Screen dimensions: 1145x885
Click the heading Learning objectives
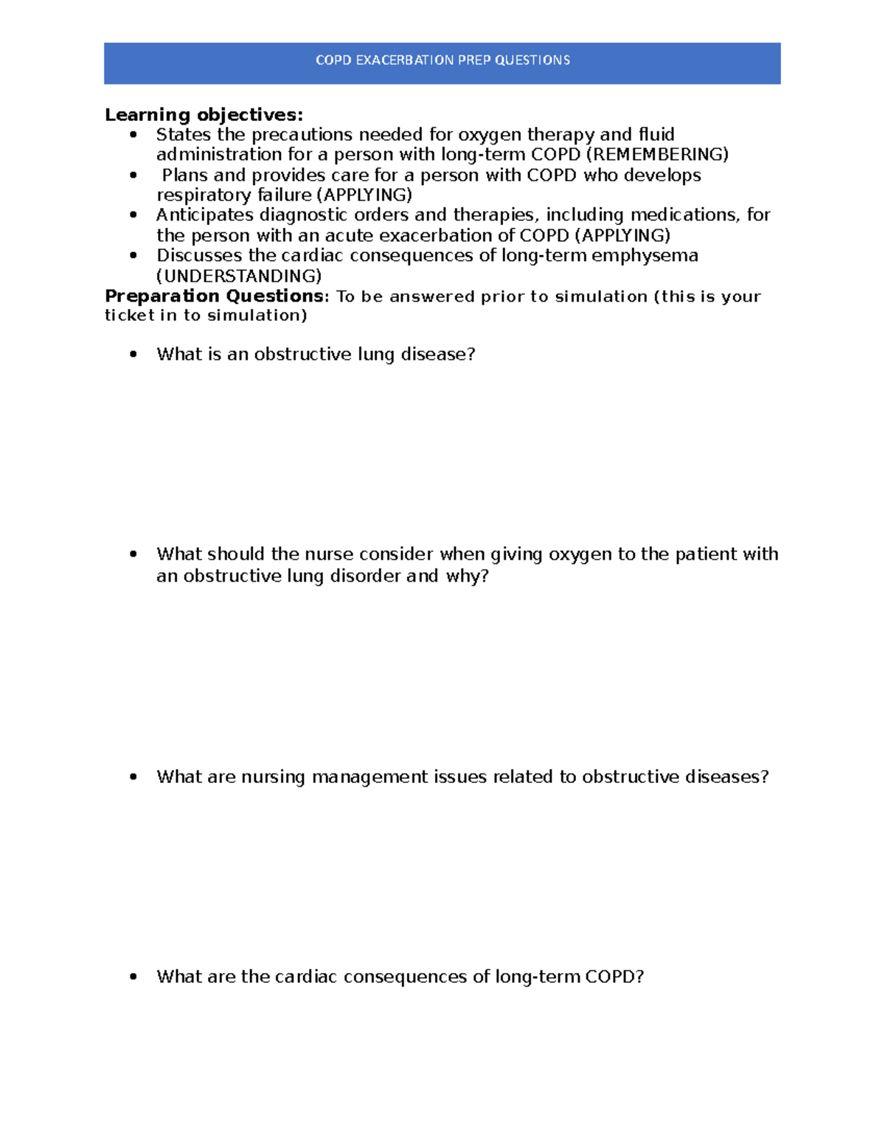204,115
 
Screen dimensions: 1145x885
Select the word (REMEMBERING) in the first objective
656,155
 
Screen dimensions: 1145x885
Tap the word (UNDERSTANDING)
239,276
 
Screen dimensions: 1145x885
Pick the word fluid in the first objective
656,135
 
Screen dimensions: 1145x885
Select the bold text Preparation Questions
214,296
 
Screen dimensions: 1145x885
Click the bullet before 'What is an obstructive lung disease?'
133,355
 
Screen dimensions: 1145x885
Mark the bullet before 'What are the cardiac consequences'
133,977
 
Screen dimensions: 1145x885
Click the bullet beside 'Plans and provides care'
133,175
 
